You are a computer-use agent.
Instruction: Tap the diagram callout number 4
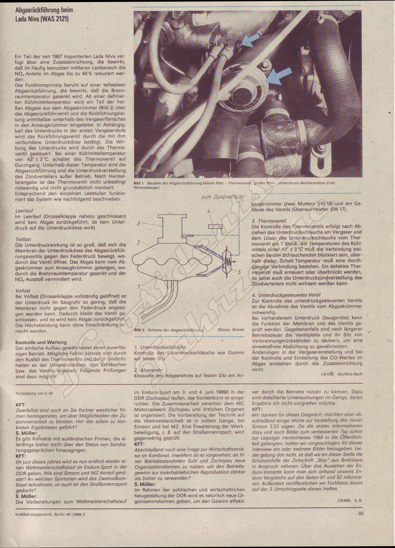[209, 212]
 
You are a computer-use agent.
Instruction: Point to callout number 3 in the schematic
[138, 224]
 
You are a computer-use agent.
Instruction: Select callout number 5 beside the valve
[239, 272]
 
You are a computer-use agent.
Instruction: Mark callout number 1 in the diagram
[139, 286]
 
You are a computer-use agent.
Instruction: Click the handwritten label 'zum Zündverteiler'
[223, 197]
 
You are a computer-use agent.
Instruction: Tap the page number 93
[360, 513]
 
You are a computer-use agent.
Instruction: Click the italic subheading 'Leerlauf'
[24, 211]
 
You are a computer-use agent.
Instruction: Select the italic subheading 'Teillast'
[23, 239]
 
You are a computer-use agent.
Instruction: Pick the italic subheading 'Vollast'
[23, 291]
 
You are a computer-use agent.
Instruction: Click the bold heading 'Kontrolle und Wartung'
[41, 342]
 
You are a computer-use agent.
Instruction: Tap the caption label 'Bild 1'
[139, 182]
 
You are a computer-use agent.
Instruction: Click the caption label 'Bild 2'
[139, 330]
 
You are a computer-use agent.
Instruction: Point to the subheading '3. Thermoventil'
[269, 221]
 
